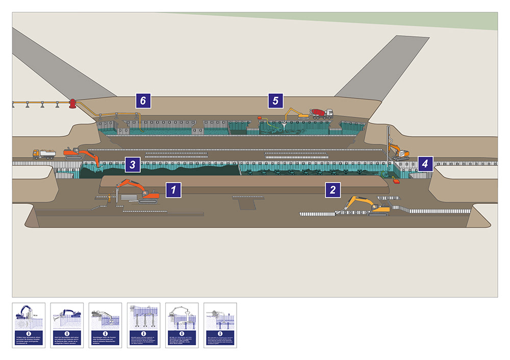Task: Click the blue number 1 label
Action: coord(174,190)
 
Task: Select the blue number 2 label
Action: coord(333,190)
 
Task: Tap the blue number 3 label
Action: coord(132,164)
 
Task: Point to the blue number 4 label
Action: coord(425,164)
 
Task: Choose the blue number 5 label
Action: coord(276,101)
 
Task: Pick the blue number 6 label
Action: coord(143,101)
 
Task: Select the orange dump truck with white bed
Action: coord(44,153)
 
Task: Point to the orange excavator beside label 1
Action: coord(137,192)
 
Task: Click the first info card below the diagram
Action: coord(29,325)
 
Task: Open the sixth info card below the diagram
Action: coord(220,325)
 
